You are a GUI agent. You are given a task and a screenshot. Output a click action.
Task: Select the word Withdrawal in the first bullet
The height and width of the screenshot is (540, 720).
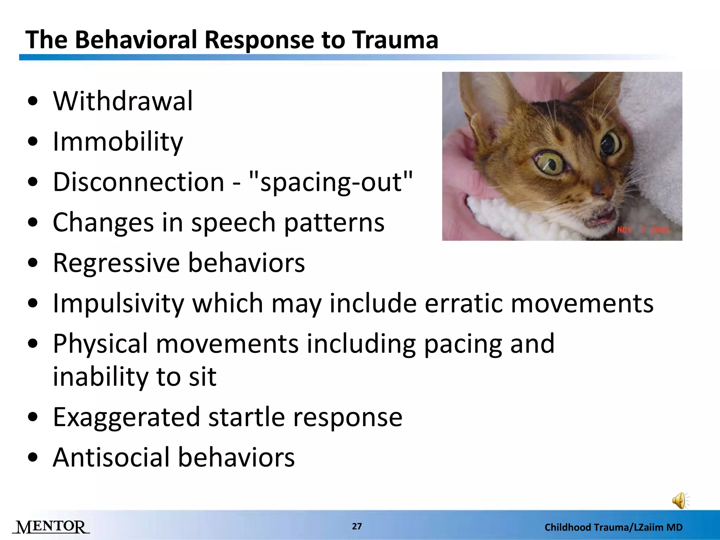point(123,101)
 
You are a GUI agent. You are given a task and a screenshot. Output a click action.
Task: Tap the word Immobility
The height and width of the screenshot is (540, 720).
point(118,142)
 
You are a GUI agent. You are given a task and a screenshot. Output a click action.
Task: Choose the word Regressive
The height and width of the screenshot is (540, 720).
point(116,263)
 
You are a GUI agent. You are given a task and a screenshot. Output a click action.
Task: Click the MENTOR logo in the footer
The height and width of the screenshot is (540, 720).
point(51,527)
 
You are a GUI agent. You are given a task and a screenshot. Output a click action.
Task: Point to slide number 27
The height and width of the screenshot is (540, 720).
point(357,526)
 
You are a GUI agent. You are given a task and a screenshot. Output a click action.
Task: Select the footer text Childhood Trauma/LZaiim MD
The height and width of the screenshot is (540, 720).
point(613,527)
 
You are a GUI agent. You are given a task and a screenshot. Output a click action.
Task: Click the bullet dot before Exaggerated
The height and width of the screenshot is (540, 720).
point(33,417)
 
